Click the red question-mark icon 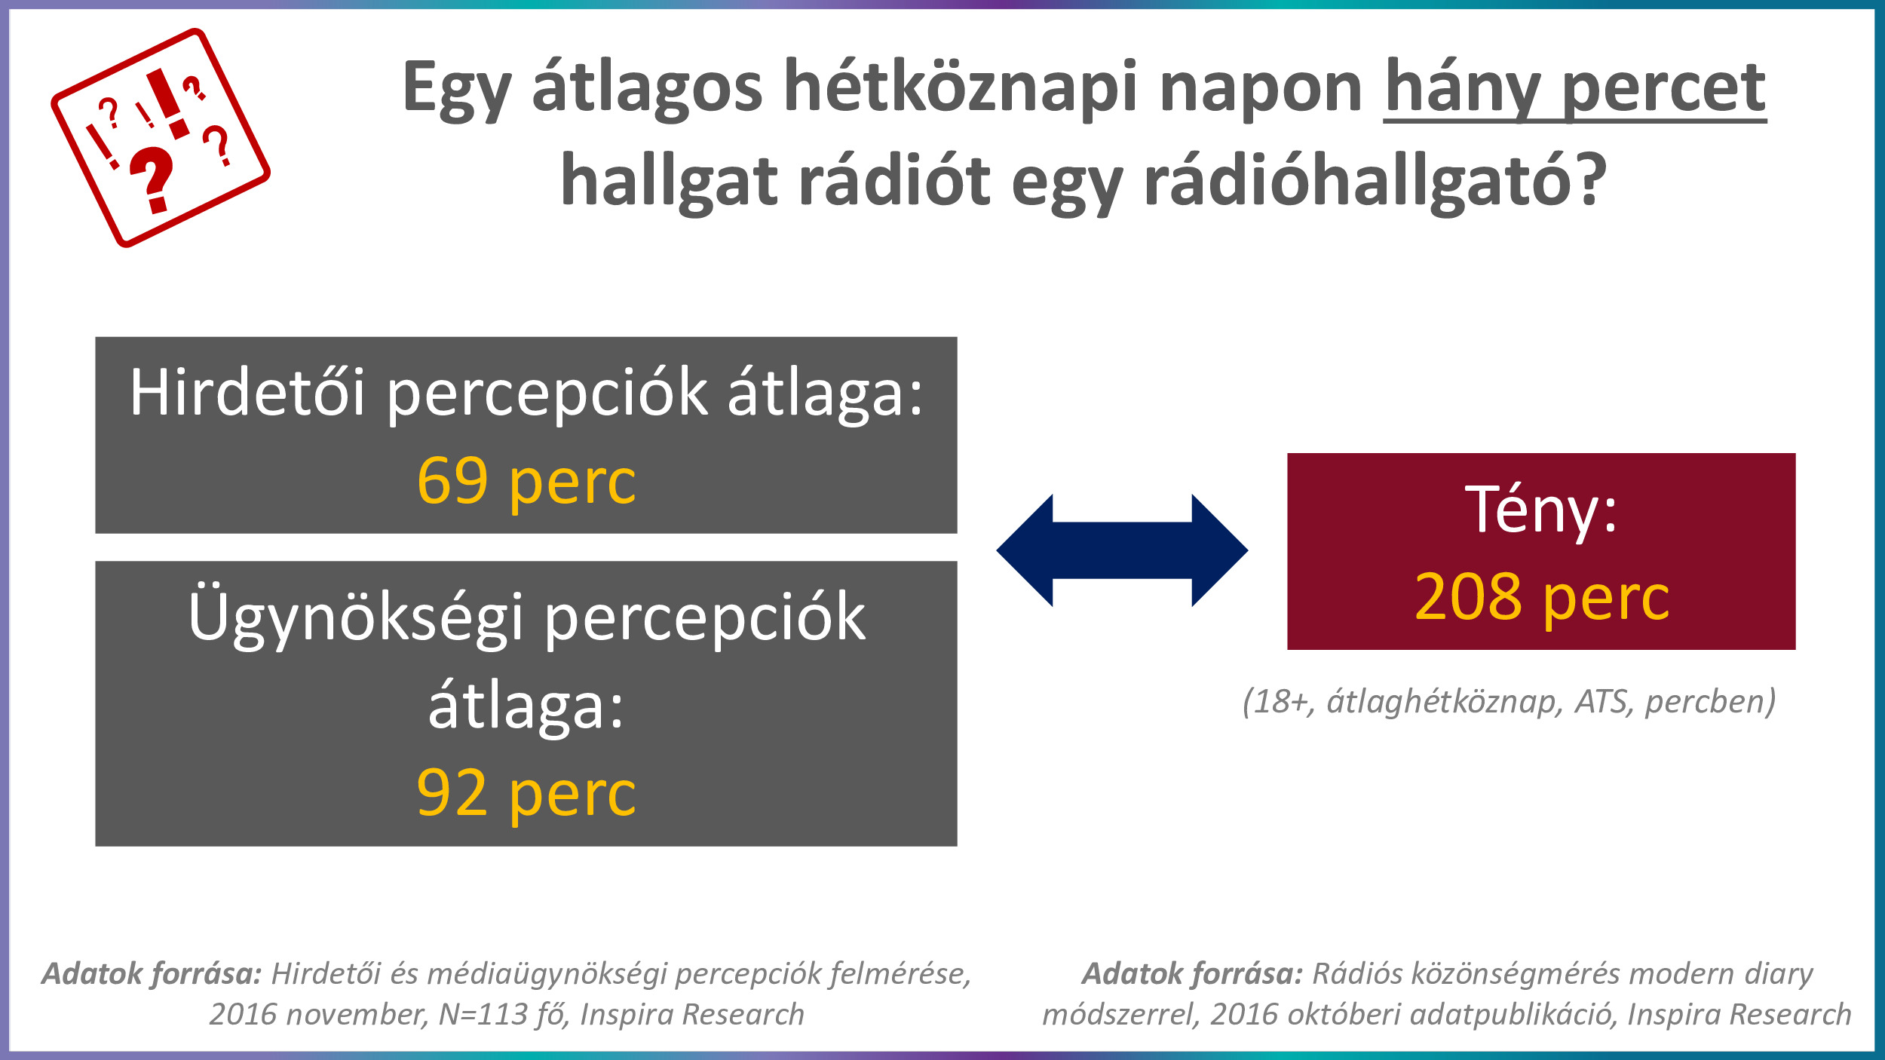coord(161,138)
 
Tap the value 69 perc coord(526,482)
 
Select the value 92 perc coord(526,794)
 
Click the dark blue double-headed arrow coord(1122,550)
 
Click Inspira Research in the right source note coord(1739,1015)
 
